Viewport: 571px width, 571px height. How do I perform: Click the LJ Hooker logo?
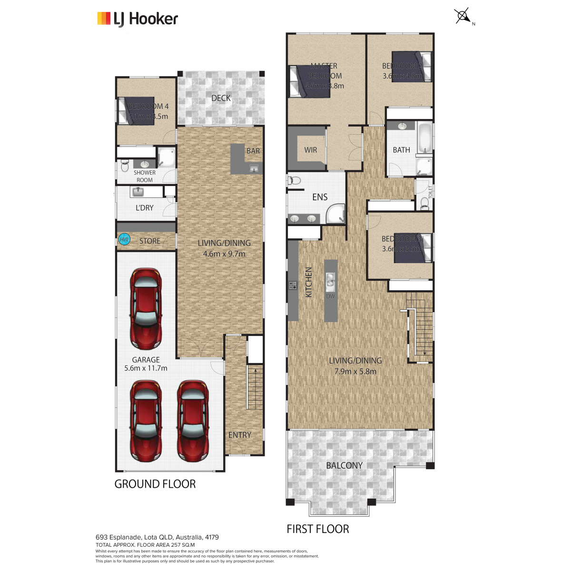click(x=138, y=19)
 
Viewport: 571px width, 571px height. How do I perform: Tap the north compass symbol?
click(x=463, y=16)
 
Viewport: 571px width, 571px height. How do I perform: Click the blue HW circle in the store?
click(x=124, y=239)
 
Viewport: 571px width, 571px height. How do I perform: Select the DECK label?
click(x=221, y=98)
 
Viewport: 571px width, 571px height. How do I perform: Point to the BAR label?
click(x=253, y=151)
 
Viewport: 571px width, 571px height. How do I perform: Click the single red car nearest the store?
click(x=146, y=308)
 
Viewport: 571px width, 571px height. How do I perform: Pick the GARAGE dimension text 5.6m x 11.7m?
click(x=146, y=368)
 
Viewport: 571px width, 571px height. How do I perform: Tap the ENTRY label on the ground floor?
click(x=239, y=435)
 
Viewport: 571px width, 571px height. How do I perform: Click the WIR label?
click(x=310, y=150)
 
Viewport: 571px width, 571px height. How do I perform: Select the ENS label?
click(x=320, y=197)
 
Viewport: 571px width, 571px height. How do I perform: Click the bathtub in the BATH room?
click(x=424, y=138)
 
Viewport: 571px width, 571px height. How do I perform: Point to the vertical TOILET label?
click(x=431, y=192)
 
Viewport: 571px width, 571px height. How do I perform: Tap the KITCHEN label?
click(x=308, y=282)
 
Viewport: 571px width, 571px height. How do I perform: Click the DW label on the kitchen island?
click(x=330, y=296)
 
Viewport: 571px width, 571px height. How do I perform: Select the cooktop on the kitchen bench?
click(x=292, y=285)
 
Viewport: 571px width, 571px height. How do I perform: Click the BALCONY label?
click(x=344, y=465)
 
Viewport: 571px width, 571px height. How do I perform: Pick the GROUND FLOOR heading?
click(x=155, y=484)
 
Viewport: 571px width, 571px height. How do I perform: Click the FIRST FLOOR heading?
click(x=318, y=529)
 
